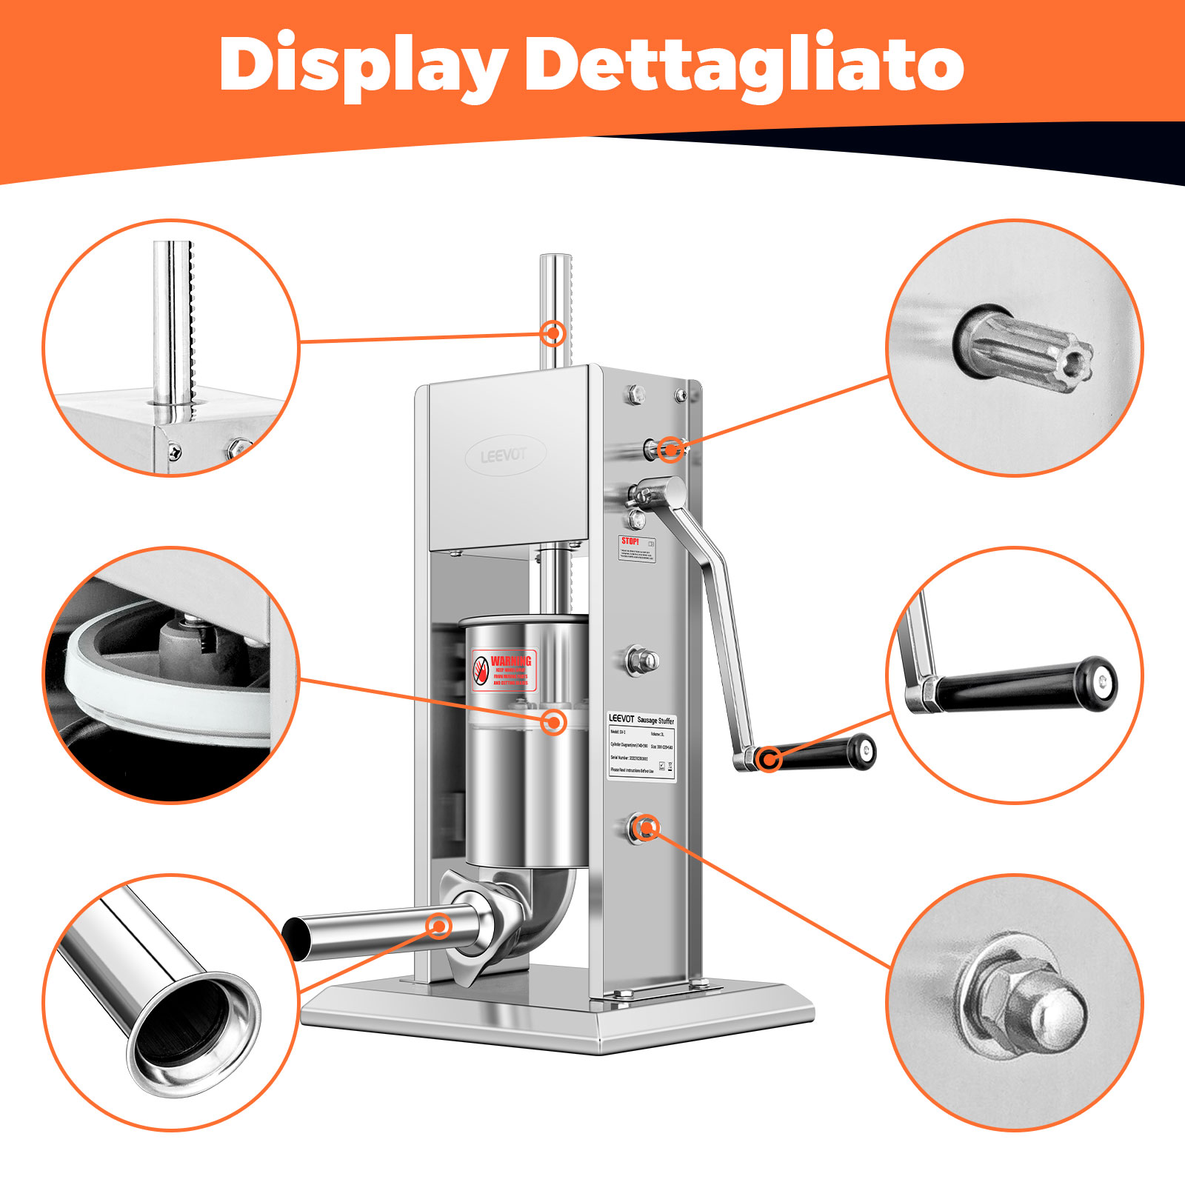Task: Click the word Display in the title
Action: [363, 65]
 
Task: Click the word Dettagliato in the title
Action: [744, 65]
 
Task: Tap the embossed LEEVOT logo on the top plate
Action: [504, 455]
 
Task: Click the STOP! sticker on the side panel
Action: [637, 549]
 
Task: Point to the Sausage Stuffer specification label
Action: [641, 747]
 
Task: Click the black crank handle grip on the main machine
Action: [822, 754]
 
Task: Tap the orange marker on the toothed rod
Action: [553, 333]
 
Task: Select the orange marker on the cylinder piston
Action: [553, 721]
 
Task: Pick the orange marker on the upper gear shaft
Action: [671, 449]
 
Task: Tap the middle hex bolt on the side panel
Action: [641, 659]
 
